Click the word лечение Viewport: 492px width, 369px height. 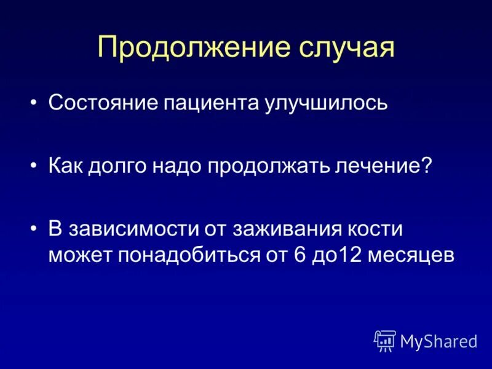click(x=376, y=165)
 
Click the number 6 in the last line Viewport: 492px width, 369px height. click(x=300, y=255)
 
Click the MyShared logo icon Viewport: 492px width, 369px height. click(x=385, y=341)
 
